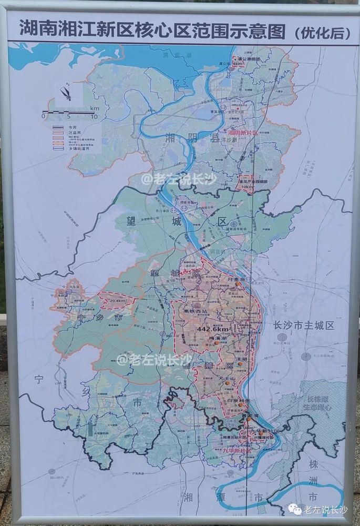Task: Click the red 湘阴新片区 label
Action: [242, 133]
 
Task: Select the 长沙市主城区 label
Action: [300, 326]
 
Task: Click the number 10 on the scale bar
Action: [92, 116]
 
